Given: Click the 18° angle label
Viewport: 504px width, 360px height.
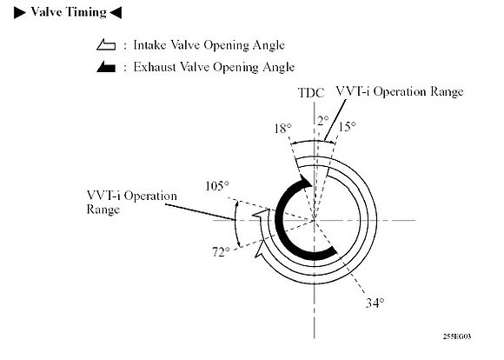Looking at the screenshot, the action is (283, 129).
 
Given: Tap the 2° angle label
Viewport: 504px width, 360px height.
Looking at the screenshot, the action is (322, 121).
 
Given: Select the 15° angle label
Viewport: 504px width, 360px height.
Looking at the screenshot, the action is (347, 126).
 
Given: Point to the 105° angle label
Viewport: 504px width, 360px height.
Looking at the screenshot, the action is (217, 185).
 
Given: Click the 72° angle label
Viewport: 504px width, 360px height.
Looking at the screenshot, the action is (221, 251).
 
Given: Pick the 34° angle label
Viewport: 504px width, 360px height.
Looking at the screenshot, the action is (375, 303).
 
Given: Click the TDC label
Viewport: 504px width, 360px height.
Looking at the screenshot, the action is (311, 93).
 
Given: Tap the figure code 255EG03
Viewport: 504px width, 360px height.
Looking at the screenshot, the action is (457, 337).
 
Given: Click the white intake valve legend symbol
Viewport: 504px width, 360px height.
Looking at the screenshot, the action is (106, 44).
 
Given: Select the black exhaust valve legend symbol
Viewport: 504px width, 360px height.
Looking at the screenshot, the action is (106, 67).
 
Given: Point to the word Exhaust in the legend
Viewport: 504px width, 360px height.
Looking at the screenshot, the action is (155, 67).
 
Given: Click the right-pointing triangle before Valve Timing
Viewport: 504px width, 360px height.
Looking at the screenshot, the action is (19, 13).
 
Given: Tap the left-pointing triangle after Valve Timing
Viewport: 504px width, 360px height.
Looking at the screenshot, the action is (116, 13).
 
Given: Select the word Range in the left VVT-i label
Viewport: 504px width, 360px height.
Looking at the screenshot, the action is (103, 210).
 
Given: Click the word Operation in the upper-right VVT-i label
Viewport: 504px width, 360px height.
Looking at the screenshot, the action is (399, 91).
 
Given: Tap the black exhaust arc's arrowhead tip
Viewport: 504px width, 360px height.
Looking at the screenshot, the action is (311, 186).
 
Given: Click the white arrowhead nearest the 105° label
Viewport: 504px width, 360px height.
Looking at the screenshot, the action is (261, 215).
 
